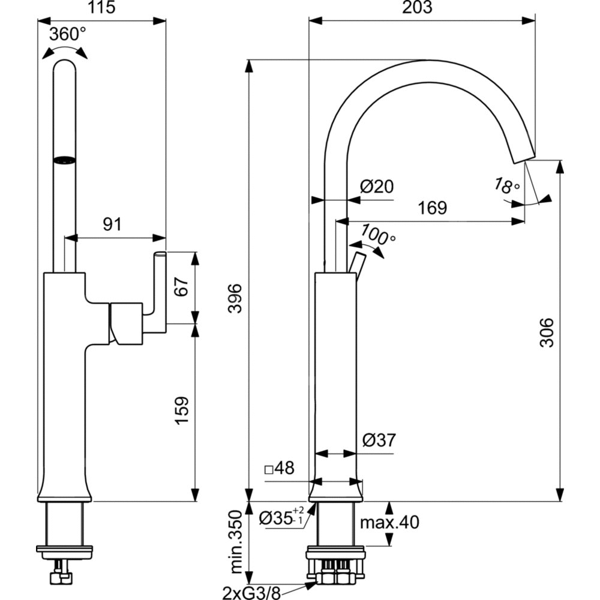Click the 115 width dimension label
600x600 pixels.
[101, 7]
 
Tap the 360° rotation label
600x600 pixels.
[67, 34]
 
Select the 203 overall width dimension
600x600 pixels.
[421, 7]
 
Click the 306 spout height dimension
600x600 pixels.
[545, 332]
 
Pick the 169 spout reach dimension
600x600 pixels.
[432, 208]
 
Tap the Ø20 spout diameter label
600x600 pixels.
[377, 187]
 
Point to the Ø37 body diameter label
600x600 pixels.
[379, 441]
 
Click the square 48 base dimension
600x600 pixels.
[280, 468]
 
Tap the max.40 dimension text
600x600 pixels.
[389, 523]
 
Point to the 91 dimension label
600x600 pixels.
[112, 224]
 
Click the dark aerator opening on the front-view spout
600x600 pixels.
[65, 160]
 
